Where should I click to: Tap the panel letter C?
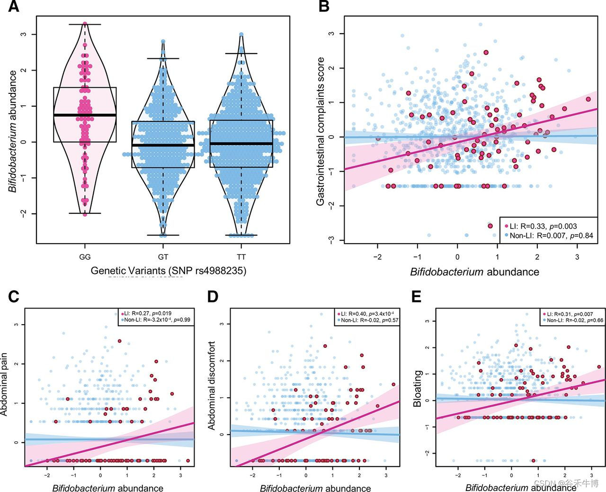click(14, 297)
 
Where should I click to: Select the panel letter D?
click(213, 297)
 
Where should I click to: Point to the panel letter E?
click(417, 297)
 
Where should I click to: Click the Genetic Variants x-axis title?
click(169, 271)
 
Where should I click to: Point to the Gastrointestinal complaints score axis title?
click(321, 131)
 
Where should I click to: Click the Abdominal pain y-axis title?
click(6, 387)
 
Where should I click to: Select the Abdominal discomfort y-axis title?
click(212, 385)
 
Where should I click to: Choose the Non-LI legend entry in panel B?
click(549, 235)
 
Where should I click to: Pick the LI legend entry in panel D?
click(367, 314)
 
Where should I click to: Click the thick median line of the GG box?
click(85, 115)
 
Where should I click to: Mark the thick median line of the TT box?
click(241, 143)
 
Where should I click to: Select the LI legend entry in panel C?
click(147, 314)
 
